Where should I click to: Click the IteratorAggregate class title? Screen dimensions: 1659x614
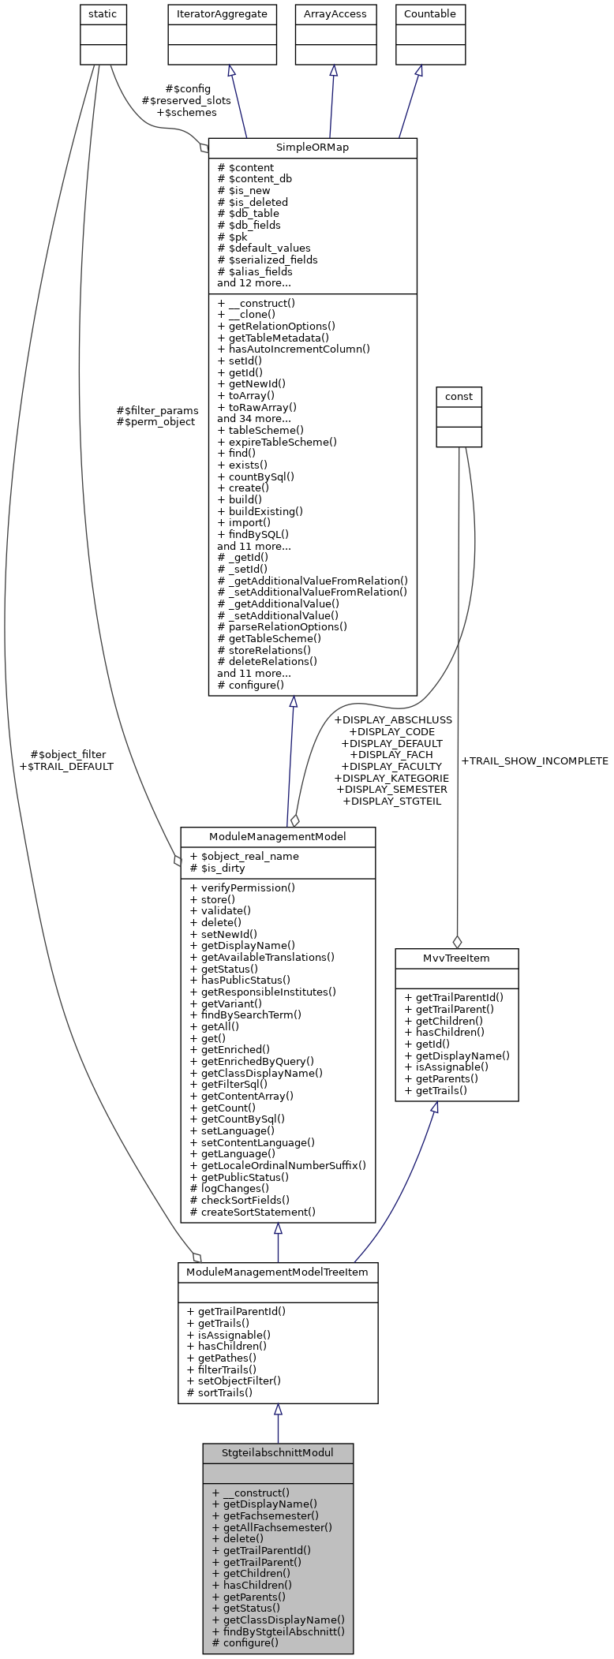[x=222, y=14]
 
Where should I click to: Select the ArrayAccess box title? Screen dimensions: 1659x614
[x=335, y=14]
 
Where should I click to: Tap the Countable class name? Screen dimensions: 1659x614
[x=429, y=14]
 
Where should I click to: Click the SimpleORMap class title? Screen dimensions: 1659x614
[x=312, y=148]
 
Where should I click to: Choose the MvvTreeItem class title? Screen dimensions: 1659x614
[x=456, y=958]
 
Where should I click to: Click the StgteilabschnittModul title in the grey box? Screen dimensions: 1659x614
[x=277, y=1453]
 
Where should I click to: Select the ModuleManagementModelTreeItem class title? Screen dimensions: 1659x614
[x=277, y=1272]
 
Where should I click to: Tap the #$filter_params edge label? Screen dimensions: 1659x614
[x=157, y=410]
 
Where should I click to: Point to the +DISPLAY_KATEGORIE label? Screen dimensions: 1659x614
[x=391, y=778]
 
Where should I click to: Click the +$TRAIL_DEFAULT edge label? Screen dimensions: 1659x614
[x=66, y=766]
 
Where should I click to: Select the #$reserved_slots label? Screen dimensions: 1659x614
[x=185, y=101]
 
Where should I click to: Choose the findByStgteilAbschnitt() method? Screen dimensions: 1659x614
[x=278, y=1631]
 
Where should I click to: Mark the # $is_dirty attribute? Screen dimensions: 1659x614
[x=218, y=868]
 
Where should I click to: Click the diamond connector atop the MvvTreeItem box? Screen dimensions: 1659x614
[x=456, y=942]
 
